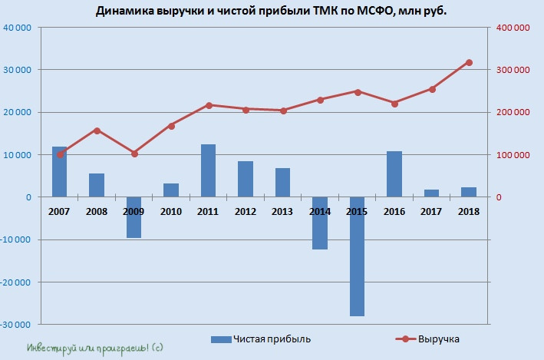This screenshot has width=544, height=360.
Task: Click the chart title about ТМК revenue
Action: [272, 12]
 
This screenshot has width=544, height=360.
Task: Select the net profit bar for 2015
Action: [358, 256]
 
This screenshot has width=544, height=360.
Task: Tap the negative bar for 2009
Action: [134, 217]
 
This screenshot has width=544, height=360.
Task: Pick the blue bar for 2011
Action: [209, 170]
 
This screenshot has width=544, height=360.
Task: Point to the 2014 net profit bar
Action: [320, 223]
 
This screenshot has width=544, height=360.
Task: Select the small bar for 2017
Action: [432, 193]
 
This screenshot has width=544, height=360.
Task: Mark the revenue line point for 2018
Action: [470, 62]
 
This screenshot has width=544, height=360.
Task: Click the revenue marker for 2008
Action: [97, 130]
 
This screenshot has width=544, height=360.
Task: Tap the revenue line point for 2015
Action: [358, 91]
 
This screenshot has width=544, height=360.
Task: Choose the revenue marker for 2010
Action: [171, 125]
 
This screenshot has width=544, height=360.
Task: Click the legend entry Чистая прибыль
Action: [261, 339]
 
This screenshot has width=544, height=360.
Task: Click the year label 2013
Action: [283, 211]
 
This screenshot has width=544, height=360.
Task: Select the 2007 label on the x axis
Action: [59, 211]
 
